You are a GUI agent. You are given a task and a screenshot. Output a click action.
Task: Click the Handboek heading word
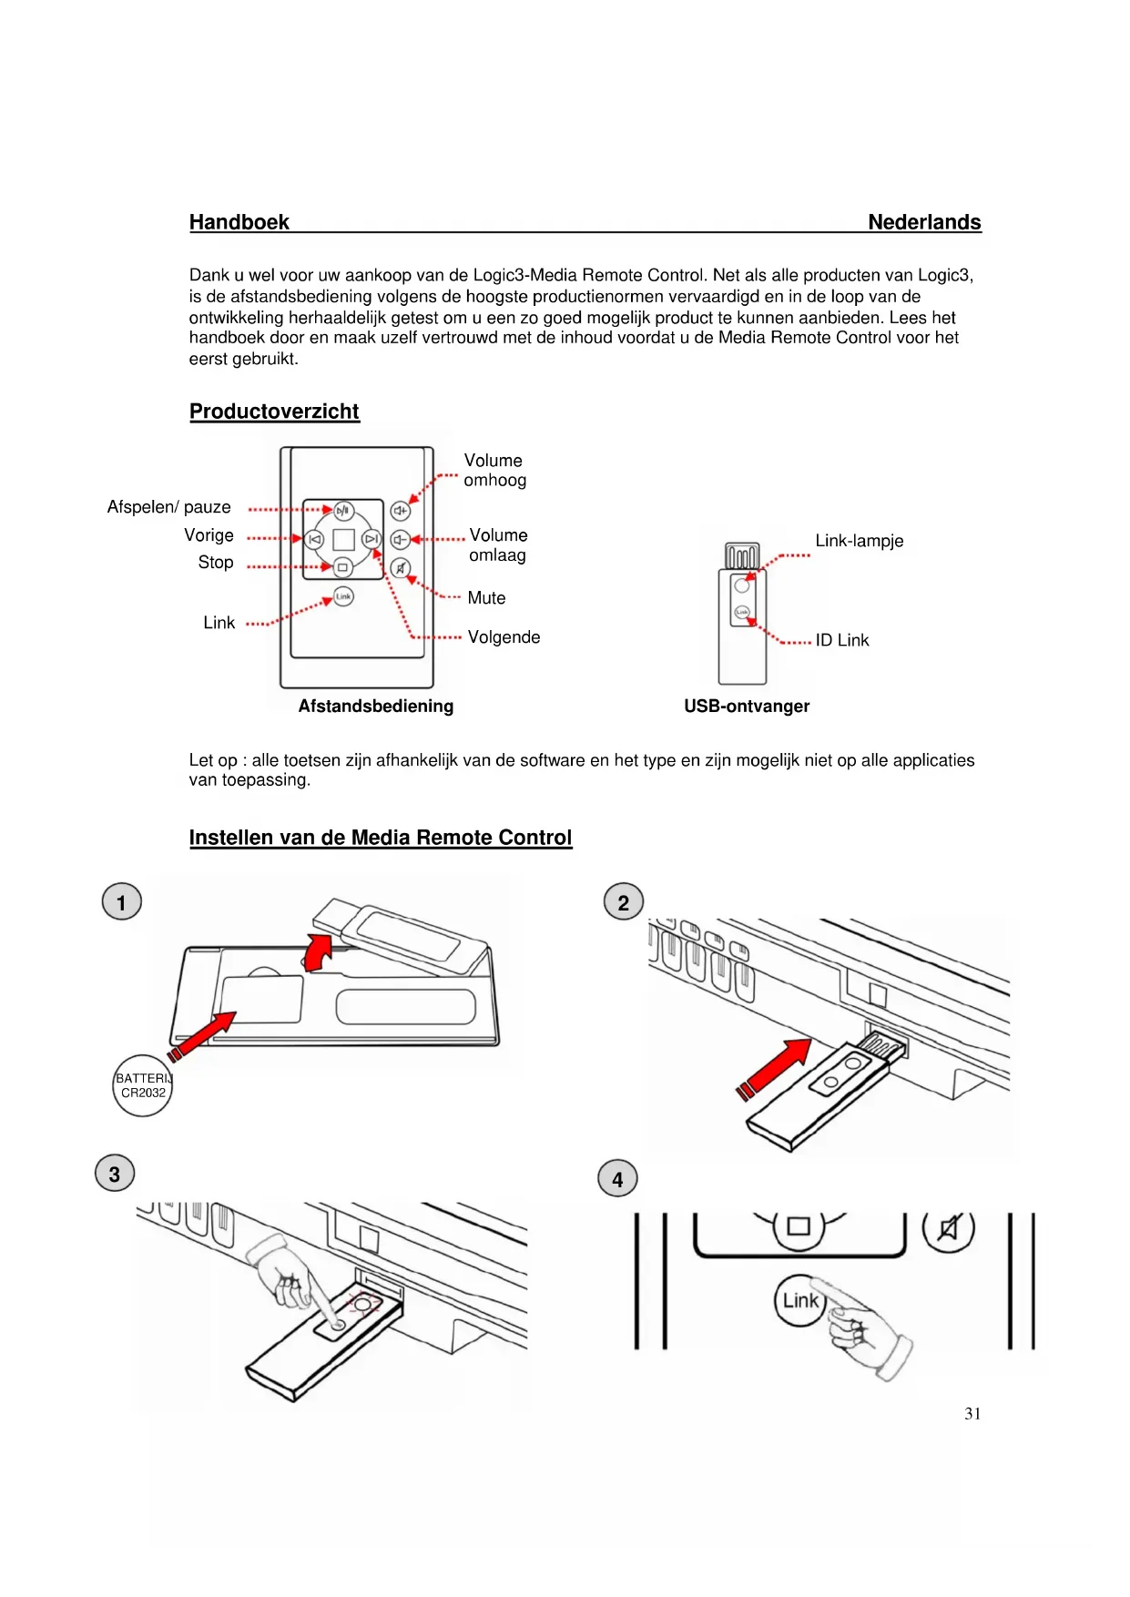239,222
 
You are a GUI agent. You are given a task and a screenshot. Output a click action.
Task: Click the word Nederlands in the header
923,222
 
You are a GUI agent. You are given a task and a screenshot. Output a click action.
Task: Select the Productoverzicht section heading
274,412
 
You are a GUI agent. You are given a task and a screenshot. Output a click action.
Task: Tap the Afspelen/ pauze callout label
169,507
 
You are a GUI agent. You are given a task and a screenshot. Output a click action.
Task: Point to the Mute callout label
486,598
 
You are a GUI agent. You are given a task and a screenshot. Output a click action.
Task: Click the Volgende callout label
504,637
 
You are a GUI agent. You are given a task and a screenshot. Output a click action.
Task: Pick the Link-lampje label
859,541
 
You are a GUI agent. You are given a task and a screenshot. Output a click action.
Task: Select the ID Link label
841,640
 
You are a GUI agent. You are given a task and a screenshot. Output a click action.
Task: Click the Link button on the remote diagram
343,596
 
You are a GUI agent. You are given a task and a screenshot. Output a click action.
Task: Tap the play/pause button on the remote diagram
343,511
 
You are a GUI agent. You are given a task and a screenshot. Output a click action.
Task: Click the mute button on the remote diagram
401,569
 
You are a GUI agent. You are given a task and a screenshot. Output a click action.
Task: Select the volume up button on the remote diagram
401,511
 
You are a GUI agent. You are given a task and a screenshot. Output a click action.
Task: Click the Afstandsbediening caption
375,706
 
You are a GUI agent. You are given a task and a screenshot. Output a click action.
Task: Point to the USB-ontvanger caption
747,706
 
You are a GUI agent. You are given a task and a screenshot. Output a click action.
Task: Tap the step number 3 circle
115,1174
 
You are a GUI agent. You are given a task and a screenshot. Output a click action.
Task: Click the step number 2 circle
624,902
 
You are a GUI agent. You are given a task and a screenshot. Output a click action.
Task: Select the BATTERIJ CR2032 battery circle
143,1085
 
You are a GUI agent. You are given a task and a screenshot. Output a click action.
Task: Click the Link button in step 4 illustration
800,1300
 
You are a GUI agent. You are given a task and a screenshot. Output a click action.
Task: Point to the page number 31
972,1413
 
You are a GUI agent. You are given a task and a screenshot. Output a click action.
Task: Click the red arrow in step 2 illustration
776,1067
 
